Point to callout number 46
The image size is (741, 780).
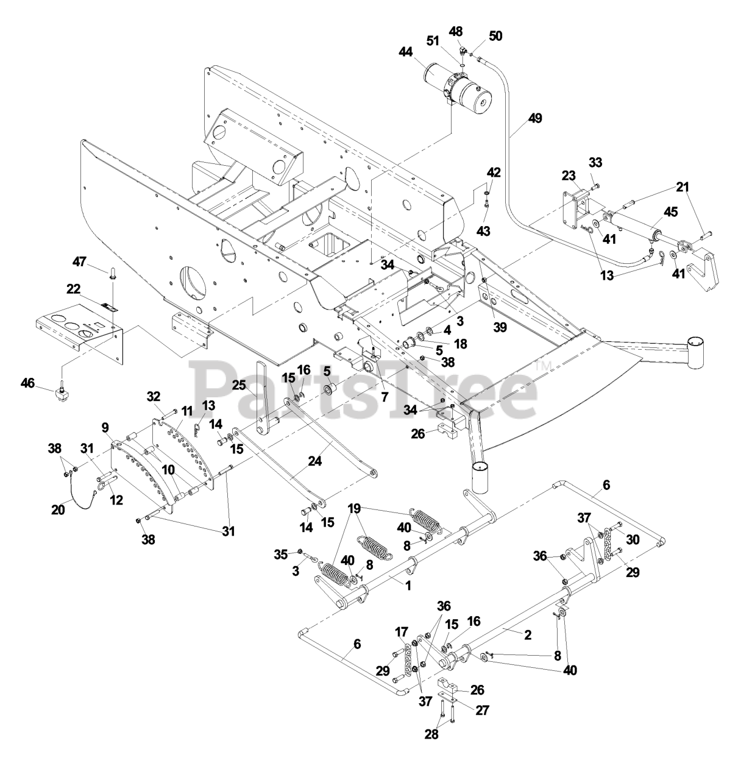[x=28, y=383]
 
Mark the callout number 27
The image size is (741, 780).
[x=483, y=710]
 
